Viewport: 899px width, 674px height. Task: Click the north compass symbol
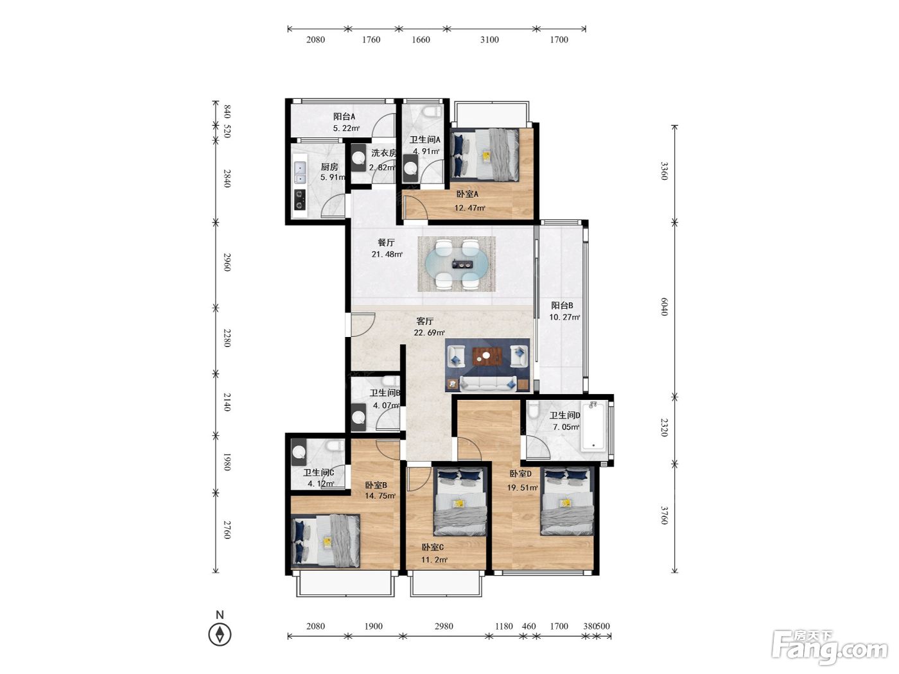pyautogui.click(x=220, y=634)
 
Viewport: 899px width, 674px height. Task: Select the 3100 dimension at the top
pyautogui.click(x=489, y=40)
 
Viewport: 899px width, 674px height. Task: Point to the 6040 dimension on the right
pyautogui.click(x=665, y=307)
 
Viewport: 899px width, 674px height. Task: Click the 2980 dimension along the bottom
pyautogui.click(x=444, y=626)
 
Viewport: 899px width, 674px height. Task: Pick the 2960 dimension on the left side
pyautogui.click(x=227, y=262)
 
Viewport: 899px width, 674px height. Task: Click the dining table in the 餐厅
pyautogui.click(x=457, y=264)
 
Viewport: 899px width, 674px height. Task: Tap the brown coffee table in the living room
pyautogui.click(x=487, y=356)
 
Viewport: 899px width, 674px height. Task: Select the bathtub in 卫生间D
pyautogui.click(x=593, y=426)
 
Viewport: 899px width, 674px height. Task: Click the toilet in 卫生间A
pyautogui.click(x=433, y=111)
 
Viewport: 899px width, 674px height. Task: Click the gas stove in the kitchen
pyautogui.click(x=300, y=200)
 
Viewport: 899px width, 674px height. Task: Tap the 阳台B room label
pyautogui.click(x=562, y=306)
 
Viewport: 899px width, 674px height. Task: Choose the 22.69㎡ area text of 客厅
pyautogui.click(x=429, y=333)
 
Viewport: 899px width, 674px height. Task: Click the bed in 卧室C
pyautogui.click(x=460, y=502)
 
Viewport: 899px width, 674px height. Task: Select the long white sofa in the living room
pyautogui.click(x=487, y=384)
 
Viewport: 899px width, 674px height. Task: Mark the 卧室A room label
pyautogui.click(x=467, y=194)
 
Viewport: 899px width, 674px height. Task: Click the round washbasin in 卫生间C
pyautogui.click(x=299, y=452)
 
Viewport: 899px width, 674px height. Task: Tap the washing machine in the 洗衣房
pyautogui.click(x=359, y=157)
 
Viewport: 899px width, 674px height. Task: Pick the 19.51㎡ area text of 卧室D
pyautogui.click(x=522, y=487)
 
